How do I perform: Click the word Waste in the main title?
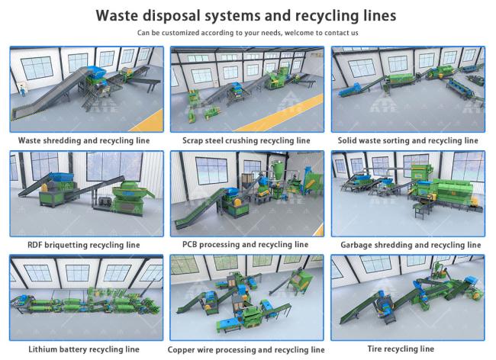[x=117, y=15]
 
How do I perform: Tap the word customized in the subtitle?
[x=180, y=33]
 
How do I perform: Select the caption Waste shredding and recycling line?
[x=84, y=140]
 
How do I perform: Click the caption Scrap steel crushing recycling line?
[x=246, y=140]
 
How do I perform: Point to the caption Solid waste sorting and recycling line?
[x=407, y=140]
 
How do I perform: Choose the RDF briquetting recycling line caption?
[x=84, y=245]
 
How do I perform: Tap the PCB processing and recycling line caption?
[x=245, y=244]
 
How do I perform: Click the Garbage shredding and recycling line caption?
[x=411, y=245]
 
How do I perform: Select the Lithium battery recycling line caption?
[x=84, y=349]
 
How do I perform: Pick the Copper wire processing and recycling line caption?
[x=246, y=349]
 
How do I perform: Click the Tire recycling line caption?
[x=401, y=349]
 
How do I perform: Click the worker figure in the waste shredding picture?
[x=23, y=91]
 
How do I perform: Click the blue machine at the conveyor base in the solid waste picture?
[x=349, y=90]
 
